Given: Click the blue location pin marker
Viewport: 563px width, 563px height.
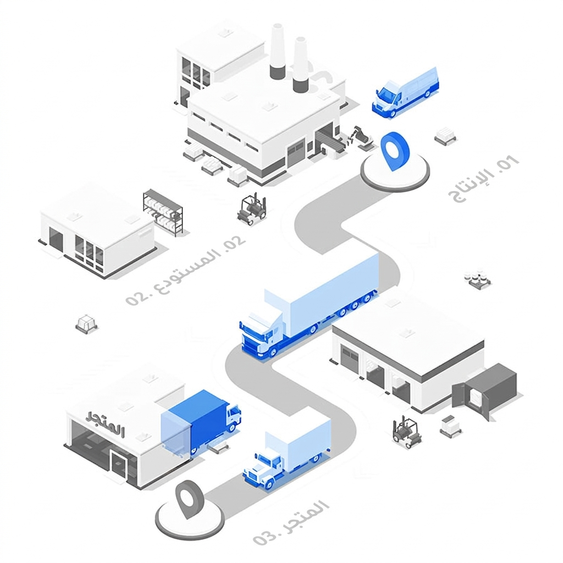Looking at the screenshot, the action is tap(394, 151).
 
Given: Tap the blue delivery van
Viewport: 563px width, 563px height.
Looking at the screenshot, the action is tap(405, 92).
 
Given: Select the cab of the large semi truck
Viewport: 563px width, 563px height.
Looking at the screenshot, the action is tap(261, 336).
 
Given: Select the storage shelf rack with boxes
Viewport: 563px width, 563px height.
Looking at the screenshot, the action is tap(163, 212).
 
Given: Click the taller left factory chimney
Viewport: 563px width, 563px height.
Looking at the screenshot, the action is tap(278, 51).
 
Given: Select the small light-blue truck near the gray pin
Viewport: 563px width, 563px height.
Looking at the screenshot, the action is tap(286, 455).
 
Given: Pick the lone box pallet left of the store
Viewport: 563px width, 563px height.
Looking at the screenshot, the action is tap(86, 323).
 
